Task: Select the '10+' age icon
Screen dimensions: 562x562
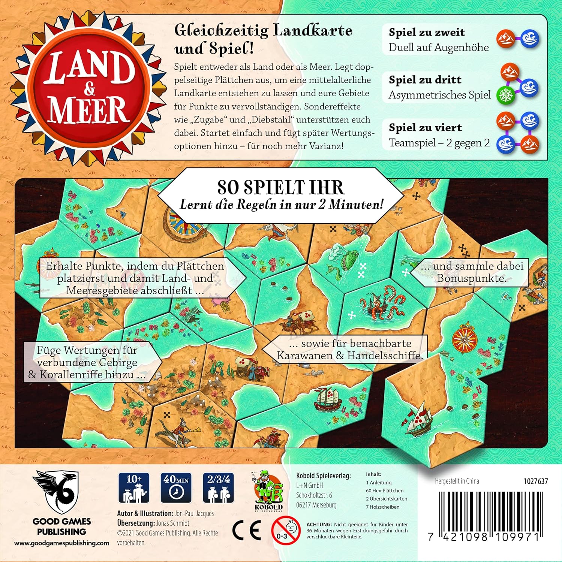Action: click(x=134, y=487)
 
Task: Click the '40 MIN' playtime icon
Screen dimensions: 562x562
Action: click(x=176, y=487)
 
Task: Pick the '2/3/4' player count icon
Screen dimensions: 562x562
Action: click(x=219, y=487)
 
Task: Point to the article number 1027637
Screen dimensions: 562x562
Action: click(x=535, y=481)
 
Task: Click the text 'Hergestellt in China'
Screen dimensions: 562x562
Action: click(x=457, y=481)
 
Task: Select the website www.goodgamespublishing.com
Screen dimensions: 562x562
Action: click(x=62, y=543)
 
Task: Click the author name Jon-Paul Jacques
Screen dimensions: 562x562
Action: click(x=194, y=513)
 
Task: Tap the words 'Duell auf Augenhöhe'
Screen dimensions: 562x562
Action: click(x=439, y=48)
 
